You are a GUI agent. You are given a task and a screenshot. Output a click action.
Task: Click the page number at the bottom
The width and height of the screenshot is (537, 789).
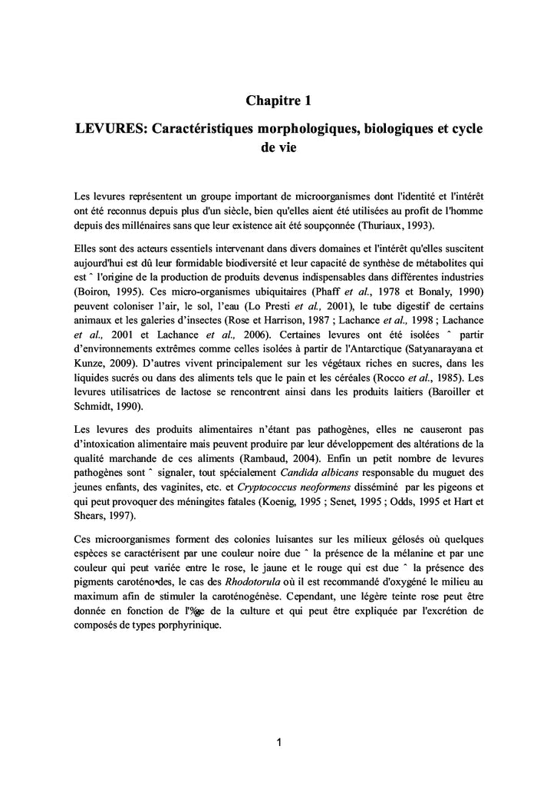(280, 742)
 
